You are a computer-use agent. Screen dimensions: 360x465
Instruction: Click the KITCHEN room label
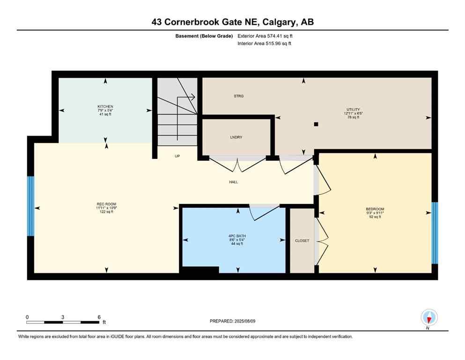pos(105,106)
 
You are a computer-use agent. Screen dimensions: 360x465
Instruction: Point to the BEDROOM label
pos(375,209)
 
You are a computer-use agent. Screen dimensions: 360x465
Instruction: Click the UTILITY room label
pos(352,110)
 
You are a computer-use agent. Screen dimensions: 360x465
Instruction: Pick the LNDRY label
pos(236,137)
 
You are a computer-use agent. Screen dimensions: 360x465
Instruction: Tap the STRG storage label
pos(239,96)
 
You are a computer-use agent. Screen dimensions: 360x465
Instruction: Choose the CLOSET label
pos(302,240)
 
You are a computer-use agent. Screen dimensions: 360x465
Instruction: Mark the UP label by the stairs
pos(177,156)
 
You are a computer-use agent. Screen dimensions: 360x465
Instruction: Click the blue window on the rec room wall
pos(30,206)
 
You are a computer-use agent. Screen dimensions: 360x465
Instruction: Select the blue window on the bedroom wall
pos(435,233)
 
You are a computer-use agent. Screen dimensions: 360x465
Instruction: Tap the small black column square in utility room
pos(317,124)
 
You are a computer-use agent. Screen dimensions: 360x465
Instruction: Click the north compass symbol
pos(429,317)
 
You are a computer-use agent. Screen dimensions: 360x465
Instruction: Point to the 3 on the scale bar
pos(63,317)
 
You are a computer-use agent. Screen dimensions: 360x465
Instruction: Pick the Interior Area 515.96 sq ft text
pos(265,44)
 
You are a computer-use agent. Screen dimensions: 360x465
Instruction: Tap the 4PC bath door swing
pos(263,212)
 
